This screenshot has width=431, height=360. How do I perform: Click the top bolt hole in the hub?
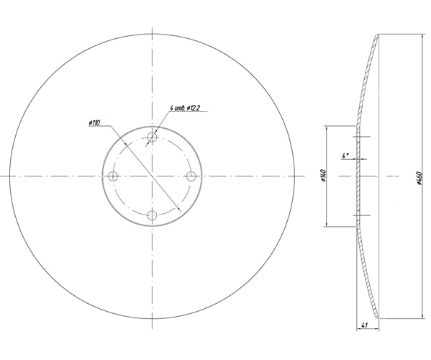tap(151, 137)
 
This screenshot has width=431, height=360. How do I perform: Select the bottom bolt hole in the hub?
tap(151, 215)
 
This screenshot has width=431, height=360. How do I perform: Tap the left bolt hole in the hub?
tap(112, 176)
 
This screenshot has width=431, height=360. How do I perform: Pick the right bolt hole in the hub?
tap(191, 176)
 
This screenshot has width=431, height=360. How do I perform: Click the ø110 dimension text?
tap(94, 122)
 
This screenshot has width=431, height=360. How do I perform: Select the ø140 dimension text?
tap(323, 176)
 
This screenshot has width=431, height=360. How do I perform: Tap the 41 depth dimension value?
tap(366, 325)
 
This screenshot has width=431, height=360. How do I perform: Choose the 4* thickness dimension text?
tap(346, 155)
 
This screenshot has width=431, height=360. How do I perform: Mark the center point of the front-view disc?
tap(151, 176)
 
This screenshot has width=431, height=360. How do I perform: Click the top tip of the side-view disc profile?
tap(378, 34)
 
